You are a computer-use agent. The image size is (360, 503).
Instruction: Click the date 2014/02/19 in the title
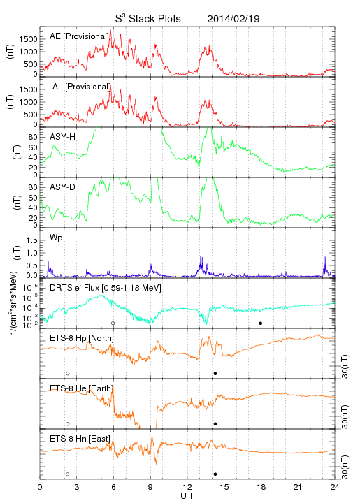point(233,19)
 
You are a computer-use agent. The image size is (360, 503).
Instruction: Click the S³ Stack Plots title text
point(148,18)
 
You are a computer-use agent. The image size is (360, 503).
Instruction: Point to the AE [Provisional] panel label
point(79,36)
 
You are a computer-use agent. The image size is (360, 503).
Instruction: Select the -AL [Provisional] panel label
point(80,87)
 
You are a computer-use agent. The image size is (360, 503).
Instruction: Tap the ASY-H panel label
point(63,137)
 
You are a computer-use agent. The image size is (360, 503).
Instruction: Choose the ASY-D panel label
point(63,187)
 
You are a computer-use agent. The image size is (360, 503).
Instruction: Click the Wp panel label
point(56,238)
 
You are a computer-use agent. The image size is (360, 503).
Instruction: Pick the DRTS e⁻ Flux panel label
point(106,288)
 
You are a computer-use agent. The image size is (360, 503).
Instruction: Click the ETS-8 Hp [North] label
point(82,338)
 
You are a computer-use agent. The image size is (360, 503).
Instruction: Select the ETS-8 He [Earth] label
point(82,388)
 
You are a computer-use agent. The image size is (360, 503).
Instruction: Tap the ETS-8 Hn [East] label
point(80,439)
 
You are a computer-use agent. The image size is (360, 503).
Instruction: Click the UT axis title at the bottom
point(187,496)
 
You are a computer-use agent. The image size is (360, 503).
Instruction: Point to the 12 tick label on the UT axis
point(187,487)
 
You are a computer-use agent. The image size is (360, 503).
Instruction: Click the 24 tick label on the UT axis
point(335,487)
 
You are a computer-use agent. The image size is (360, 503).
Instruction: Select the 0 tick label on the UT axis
point(40,487)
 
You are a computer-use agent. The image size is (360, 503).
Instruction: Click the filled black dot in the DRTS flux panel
point(261,323)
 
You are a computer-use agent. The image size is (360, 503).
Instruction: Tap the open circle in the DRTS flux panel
point(113,323)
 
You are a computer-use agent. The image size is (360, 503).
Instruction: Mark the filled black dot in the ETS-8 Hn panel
point(215,474)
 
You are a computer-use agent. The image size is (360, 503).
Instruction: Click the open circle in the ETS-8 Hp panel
point(68,373)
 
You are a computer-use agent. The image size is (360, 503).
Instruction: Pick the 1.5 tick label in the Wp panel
point(31,240)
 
